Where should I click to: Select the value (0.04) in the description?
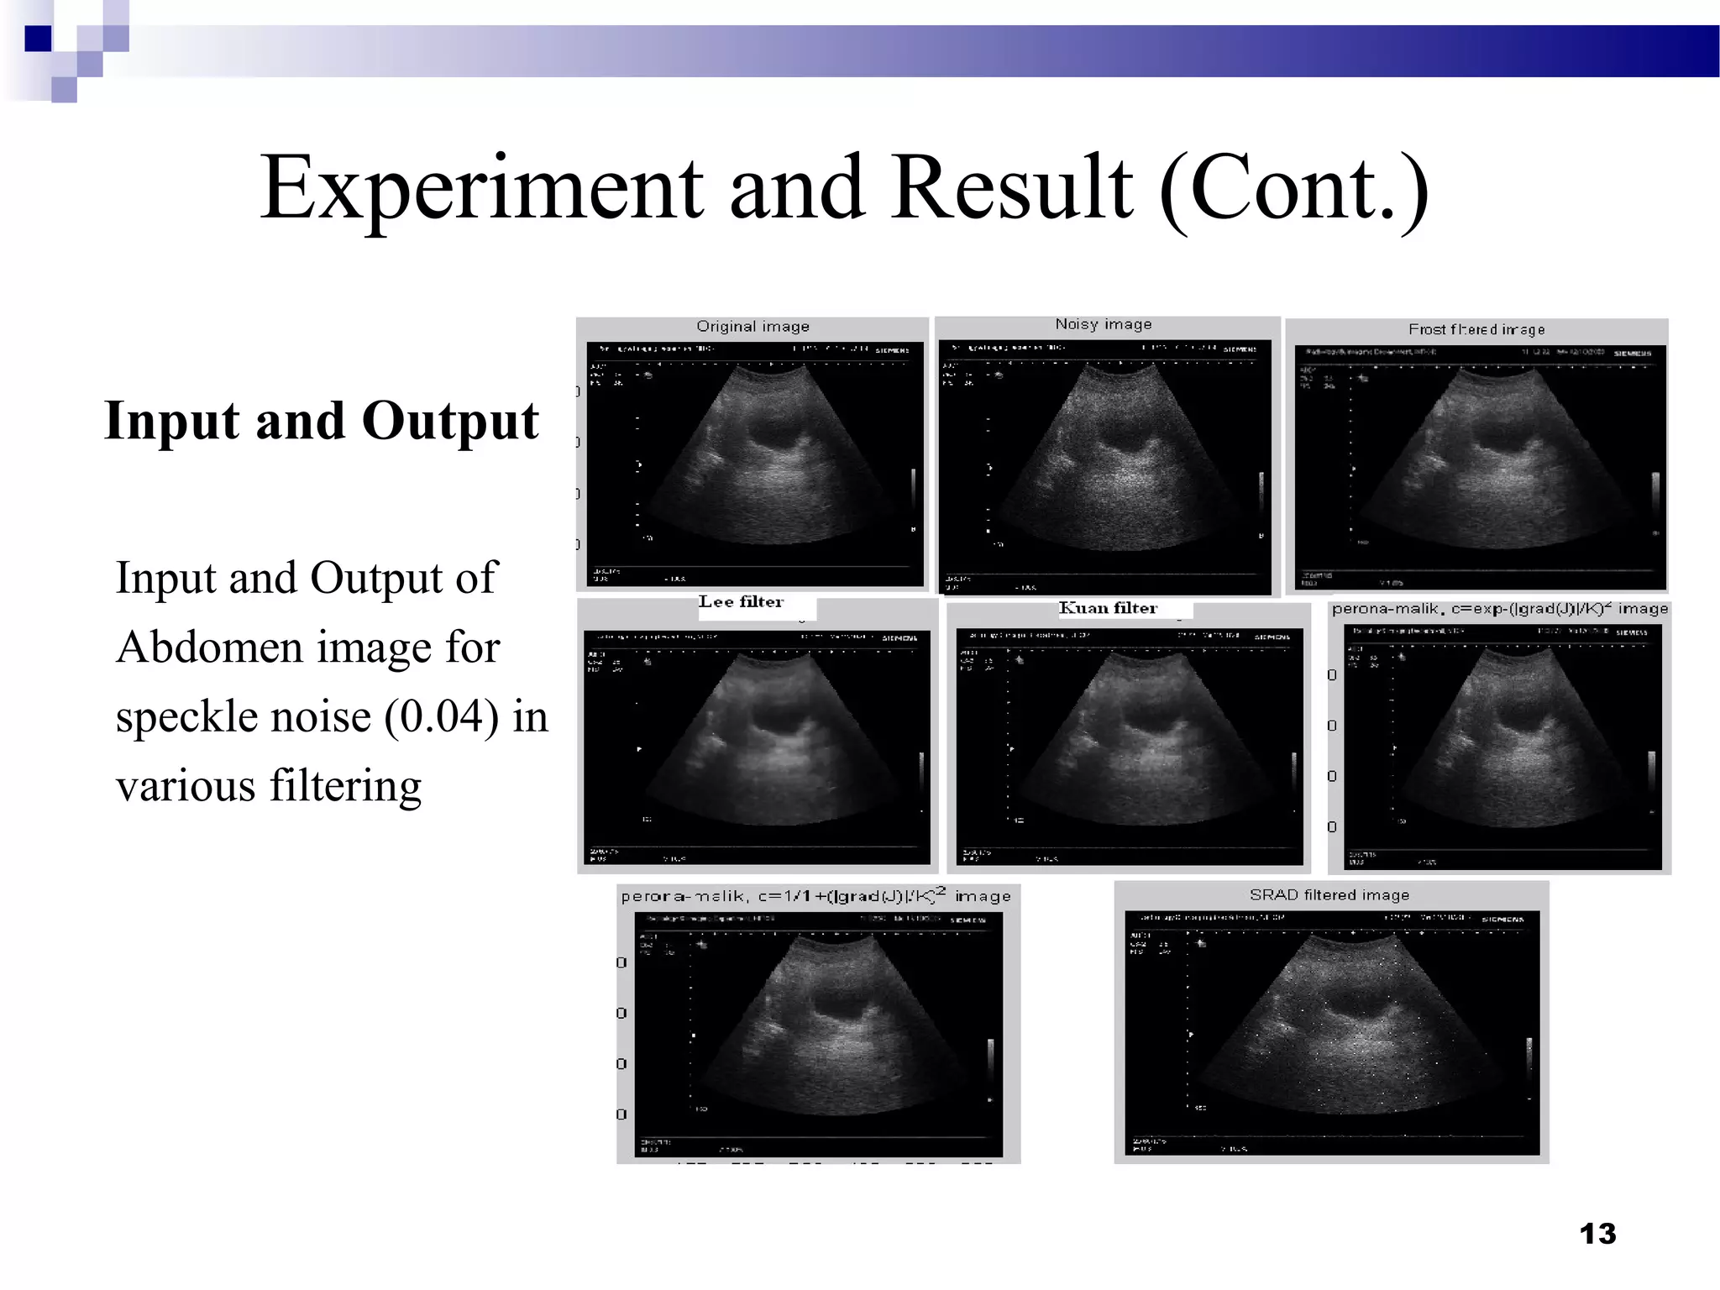(442, 717)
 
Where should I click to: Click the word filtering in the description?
(345, 786)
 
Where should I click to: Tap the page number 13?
(1597, 1234)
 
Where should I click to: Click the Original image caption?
(752, 327)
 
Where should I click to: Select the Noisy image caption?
(1103, 324)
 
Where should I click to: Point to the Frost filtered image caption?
(1476, 329)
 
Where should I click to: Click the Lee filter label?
(741, 602)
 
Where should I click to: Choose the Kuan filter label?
(1108, 608)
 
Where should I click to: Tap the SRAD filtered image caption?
(1329, 895)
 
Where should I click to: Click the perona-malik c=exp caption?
(1499, 609)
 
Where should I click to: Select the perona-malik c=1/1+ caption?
(815, 897)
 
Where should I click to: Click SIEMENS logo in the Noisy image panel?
(1240, 349)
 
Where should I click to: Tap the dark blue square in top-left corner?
(38, 39)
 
